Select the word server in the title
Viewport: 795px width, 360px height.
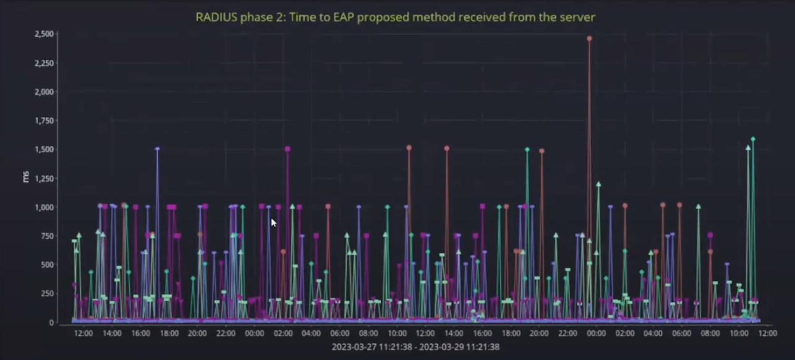(x=577, y=17)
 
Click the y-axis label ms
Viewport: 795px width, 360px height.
(x=26, y=177)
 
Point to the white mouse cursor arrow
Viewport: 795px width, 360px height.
(x=273, y=222)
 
